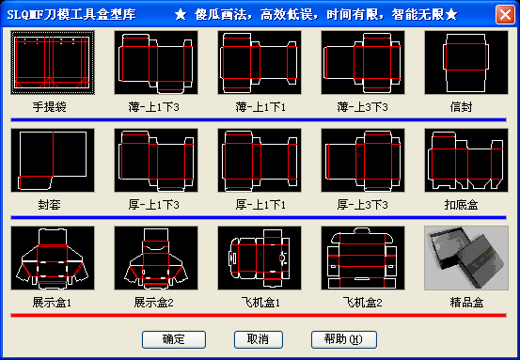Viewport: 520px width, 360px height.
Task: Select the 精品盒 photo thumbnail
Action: [465, 258]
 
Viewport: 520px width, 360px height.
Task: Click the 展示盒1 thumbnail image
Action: [53, 258]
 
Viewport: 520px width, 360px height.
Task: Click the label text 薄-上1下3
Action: [155, 107]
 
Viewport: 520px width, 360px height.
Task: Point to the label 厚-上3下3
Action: [362, 204]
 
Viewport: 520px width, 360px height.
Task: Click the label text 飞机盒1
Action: [259, 303]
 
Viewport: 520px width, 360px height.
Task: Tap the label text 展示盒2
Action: [155, 303]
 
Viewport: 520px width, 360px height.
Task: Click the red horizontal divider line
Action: [259, 315]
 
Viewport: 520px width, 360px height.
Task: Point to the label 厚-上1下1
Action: [259, 204]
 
